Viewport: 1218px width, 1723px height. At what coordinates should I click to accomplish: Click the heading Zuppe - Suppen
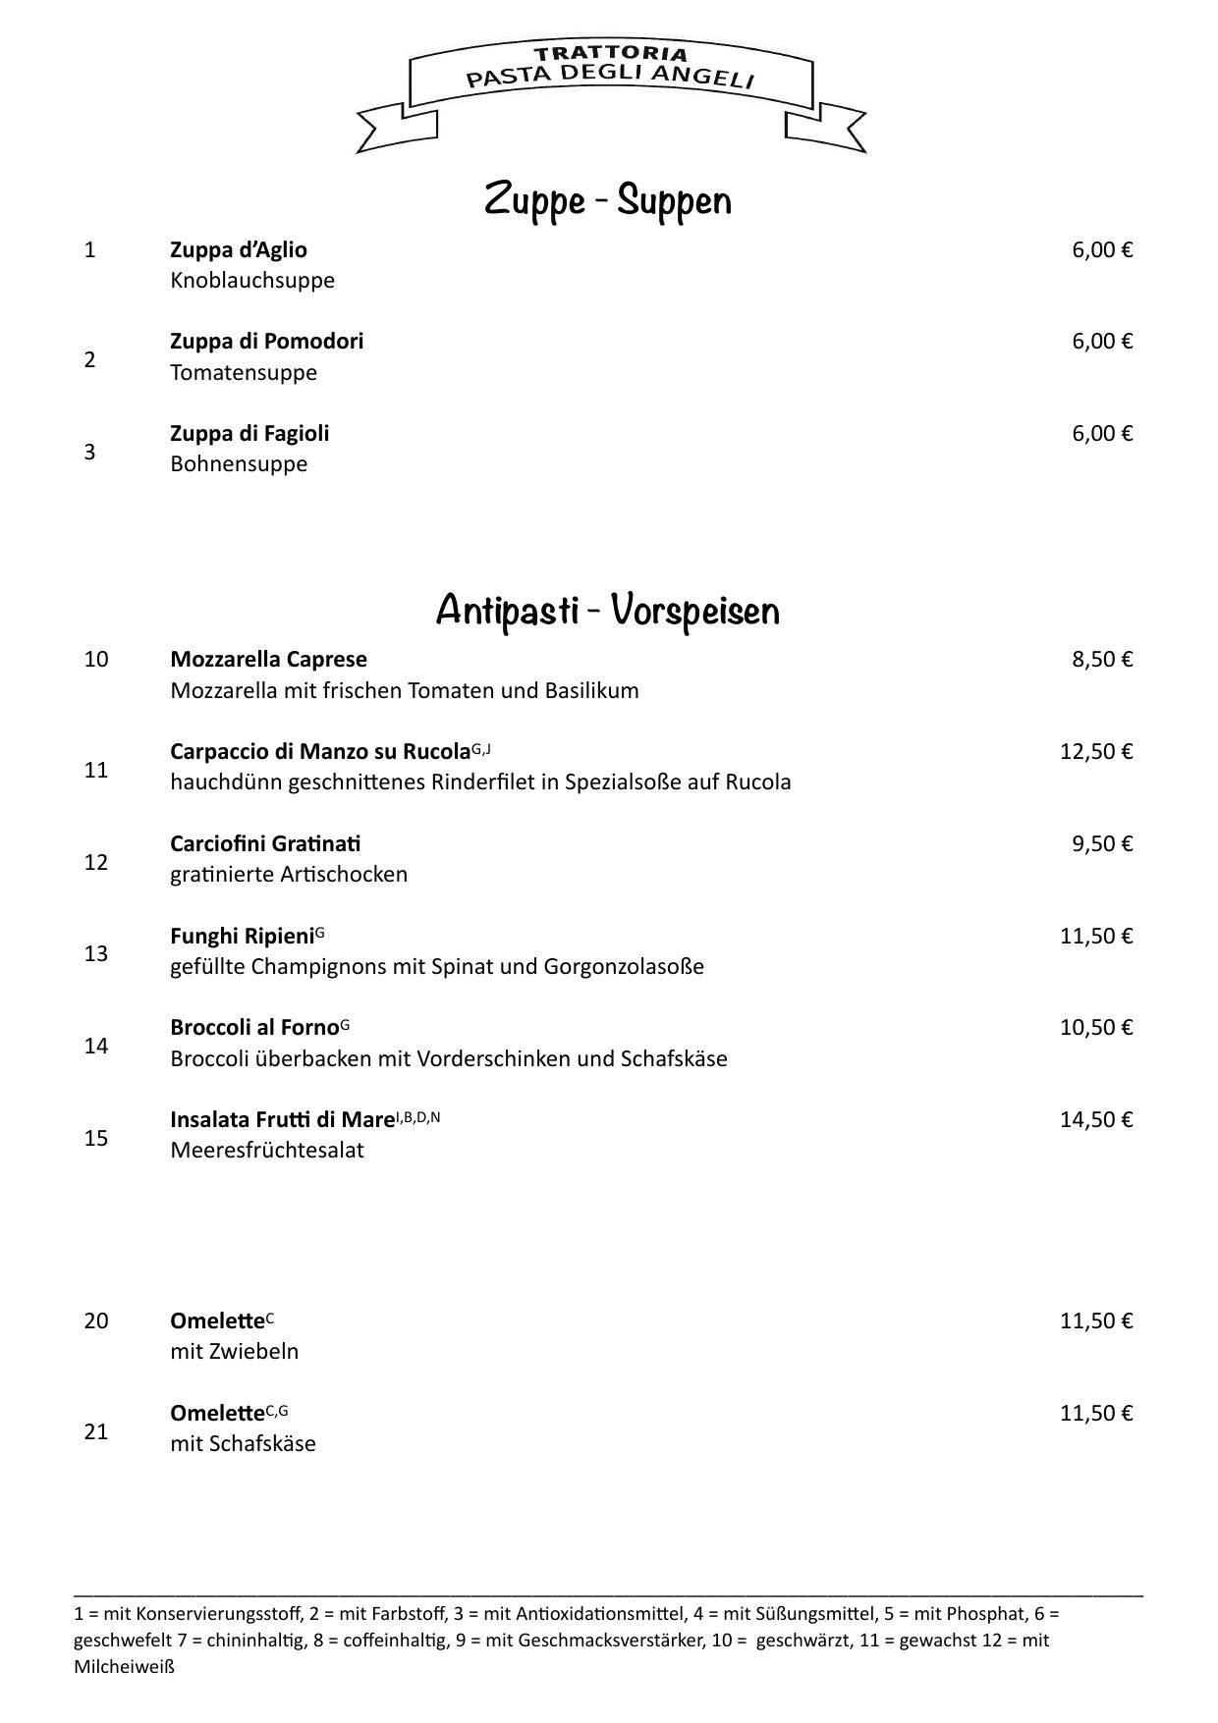point(608,200)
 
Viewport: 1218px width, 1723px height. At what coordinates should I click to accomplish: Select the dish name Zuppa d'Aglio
point(239,250)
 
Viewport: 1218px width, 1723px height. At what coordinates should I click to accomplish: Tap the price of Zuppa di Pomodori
point(1102,342)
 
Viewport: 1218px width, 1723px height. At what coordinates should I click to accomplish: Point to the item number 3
point(90,452)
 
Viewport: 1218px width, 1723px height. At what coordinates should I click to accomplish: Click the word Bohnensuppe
point(239,464)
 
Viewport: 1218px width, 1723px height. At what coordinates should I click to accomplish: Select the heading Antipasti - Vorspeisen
point(608,610)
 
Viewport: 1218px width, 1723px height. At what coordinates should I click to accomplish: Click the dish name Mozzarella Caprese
point(268,659)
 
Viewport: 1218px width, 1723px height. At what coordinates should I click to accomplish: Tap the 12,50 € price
point(1096,752)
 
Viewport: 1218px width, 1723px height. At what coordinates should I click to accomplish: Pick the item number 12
point(96,862)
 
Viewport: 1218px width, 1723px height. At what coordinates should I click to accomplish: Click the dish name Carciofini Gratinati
point(265,844)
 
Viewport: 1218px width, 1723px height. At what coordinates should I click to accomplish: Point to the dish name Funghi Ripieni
point(242,937)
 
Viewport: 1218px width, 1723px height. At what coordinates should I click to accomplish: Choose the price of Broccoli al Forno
point(1096,1028)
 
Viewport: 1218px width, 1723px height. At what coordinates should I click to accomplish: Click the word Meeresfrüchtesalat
point(267,1151)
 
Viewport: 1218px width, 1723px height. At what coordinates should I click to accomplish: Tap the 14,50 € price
point(1096,1120)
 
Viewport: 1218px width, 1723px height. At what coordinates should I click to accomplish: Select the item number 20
point(96,1321)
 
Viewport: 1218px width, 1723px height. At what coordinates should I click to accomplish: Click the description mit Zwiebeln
point(235,1352)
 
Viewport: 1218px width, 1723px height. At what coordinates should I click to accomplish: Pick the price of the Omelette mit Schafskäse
point(1096,1414)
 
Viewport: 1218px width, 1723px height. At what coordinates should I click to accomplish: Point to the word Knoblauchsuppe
point(252,281)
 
